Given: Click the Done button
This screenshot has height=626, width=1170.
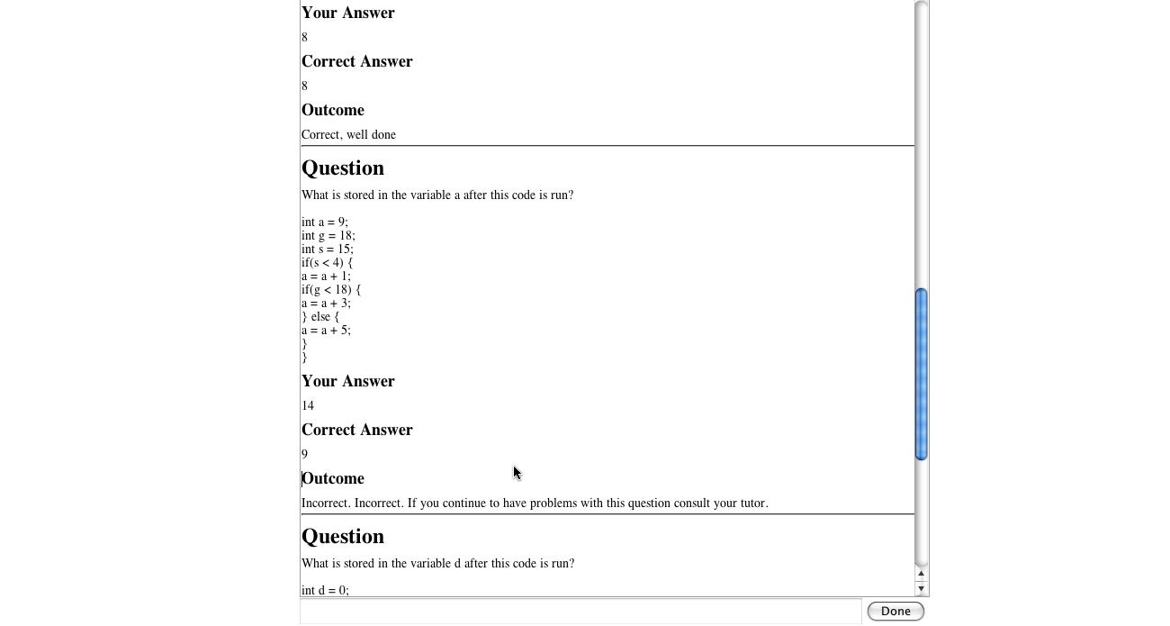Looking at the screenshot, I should click(x=895, y=611).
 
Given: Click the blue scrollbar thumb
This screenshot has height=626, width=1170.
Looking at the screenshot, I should click(x=921, y=374).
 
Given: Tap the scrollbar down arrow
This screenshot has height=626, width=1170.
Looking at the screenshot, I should click(x=921, y=588).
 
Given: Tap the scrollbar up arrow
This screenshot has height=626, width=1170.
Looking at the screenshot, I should click(x=921, y=574).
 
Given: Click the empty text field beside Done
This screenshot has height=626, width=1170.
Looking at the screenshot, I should click(x=580, y=611).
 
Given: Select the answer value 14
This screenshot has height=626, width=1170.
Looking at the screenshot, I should click(x=308, y=405).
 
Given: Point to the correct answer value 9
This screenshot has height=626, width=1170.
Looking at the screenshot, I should click(x=304, y=454).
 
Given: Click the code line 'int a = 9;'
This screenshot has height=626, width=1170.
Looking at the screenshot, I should click(x=325, y=222).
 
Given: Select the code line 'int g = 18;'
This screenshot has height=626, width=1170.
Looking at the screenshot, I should click(x=328, y=235).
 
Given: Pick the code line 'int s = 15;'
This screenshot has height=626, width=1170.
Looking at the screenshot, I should click(x=328, y=249).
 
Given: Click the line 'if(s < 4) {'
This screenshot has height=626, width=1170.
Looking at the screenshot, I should click(x=328, y=262).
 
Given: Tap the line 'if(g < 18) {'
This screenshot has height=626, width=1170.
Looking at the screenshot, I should click(x=331, y=289).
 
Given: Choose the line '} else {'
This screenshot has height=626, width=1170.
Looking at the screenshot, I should click(x=320, y=316).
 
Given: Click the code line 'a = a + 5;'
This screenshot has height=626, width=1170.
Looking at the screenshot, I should click(x=326, y=330).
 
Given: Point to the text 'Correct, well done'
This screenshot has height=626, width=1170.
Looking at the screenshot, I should click(x=348, y=134).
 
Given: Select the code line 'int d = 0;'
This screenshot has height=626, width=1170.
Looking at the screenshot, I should click(x=325, y=590).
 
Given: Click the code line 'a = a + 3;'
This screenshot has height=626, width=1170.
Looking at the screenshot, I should click(x=326, y=303).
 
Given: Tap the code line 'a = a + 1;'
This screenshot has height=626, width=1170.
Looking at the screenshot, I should click(x=326, y=276).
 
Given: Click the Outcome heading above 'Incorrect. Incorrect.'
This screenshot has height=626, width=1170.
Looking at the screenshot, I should click(x=333, y=478).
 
